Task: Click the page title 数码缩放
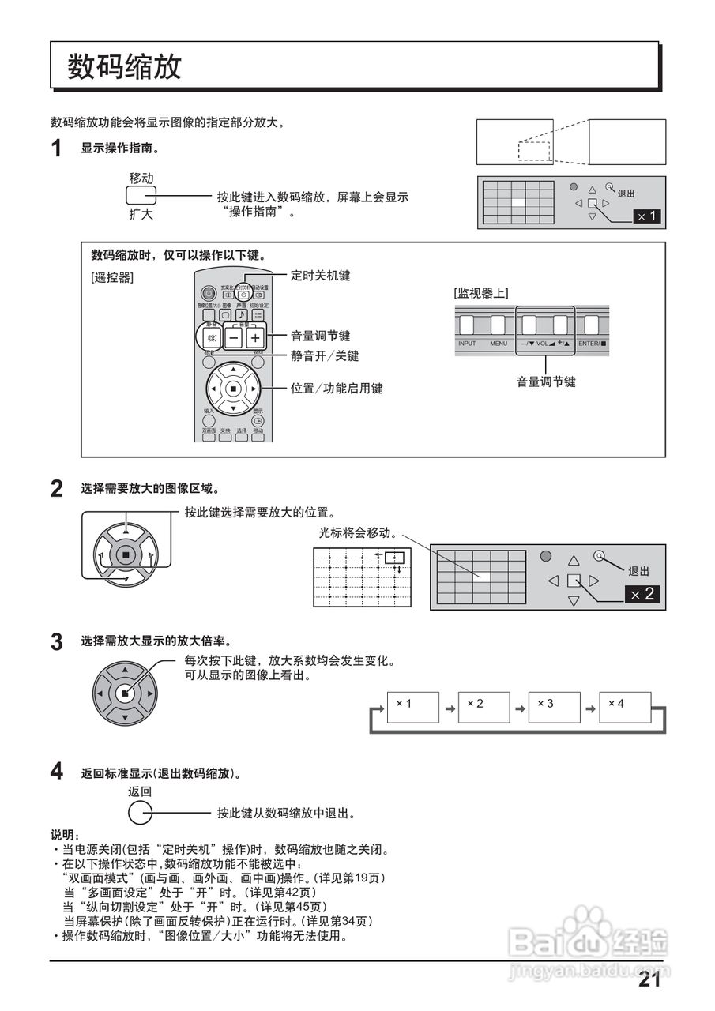coord(125,66)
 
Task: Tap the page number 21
coord(649,980)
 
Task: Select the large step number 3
coord(57,642)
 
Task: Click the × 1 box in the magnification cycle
coord(412,707)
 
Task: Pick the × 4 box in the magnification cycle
coord(624,707)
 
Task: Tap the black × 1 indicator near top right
coord(646,216)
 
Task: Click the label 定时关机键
coord(320,276)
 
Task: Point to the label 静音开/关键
coord(324,356)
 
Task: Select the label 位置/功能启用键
coord(337,389)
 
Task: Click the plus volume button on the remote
coord(254,337)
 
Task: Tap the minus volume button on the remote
coord(232,337)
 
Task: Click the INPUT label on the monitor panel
coord(467,344)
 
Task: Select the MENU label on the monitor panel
coord(498,344)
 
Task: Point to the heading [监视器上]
coord(481,293)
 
